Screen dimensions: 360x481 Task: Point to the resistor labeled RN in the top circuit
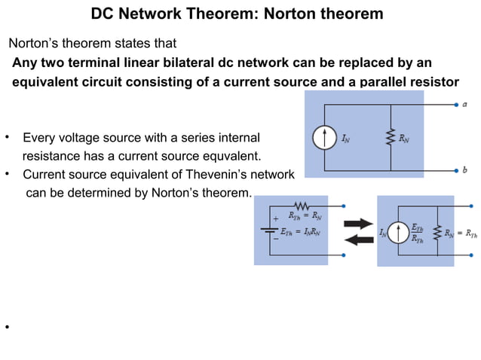(x=391, y=139)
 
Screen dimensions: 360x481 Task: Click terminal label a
(x=464, y=105)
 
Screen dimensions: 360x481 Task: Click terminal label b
(x=464, y=170)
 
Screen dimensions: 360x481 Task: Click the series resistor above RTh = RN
(x=302, y=206)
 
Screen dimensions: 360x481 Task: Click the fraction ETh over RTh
(x=418, y=232)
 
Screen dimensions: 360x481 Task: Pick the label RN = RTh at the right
(x=460, y=233)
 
